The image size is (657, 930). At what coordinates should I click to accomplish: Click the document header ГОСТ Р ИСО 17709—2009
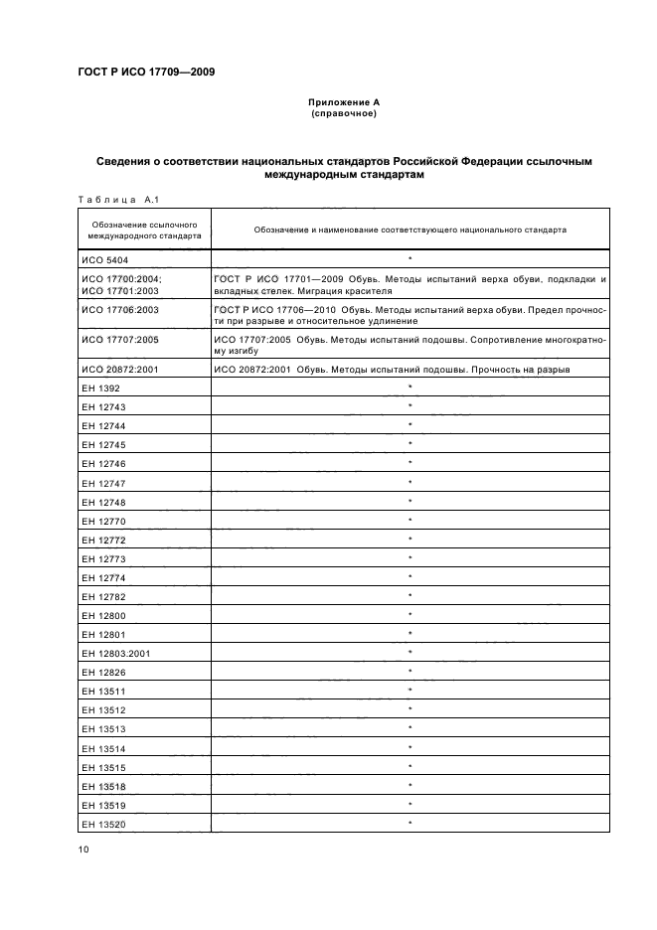click(145, 72)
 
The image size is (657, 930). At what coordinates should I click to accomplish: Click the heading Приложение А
click(343, 102)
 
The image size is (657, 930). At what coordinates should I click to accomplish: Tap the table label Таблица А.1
click(118, 199)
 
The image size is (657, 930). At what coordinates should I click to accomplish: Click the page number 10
click(82, 848)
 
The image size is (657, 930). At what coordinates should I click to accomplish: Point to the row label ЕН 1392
click(102, 388)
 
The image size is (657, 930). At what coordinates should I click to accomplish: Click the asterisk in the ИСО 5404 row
click(410, 257)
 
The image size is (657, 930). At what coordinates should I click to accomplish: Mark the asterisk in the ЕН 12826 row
click(410, 672)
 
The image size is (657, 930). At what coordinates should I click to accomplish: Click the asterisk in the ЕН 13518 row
click(410, 785)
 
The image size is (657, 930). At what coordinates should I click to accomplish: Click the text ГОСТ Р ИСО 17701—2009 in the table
click(274, 279)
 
